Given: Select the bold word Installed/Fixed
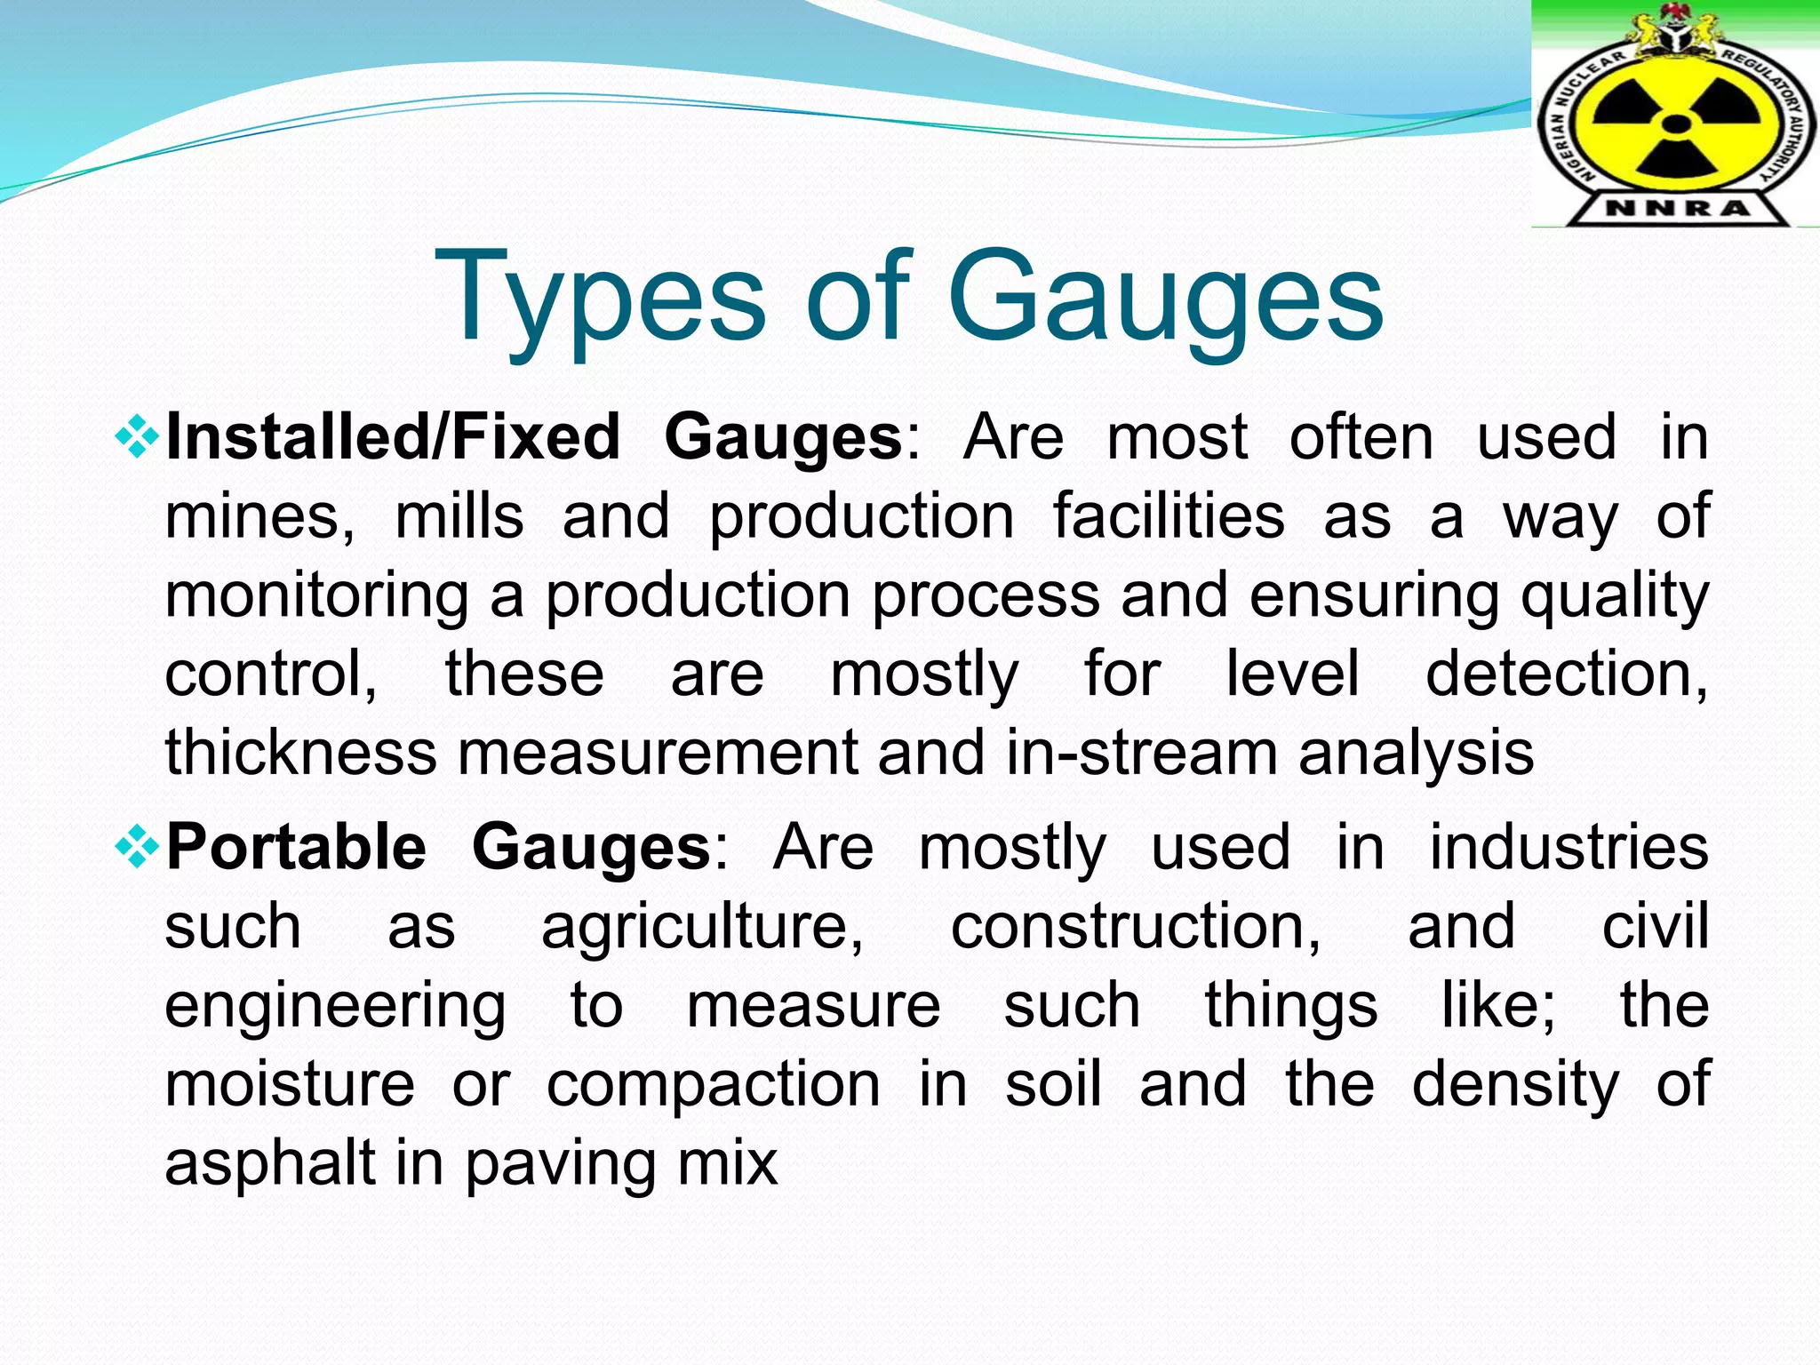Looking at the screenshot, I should point(393,437).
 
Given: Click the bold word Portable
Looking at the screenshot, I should point(296,847).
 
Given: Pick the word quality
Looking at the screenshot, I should point(1614,595).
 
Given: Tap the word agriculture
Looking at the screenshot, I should point(702,927).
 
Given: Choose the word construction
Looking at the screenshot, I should point(1135,926).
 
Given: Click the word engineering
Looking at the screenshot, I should point(335,1007).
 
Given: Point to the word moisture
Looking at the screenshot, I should point(290,1084).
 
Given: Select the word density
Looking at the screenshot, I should point(1515,1086).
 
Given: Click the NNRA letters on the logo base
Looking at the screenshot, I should point(1677,209).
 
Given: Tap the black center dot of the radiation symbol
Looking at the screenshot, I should point(1675,124).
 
